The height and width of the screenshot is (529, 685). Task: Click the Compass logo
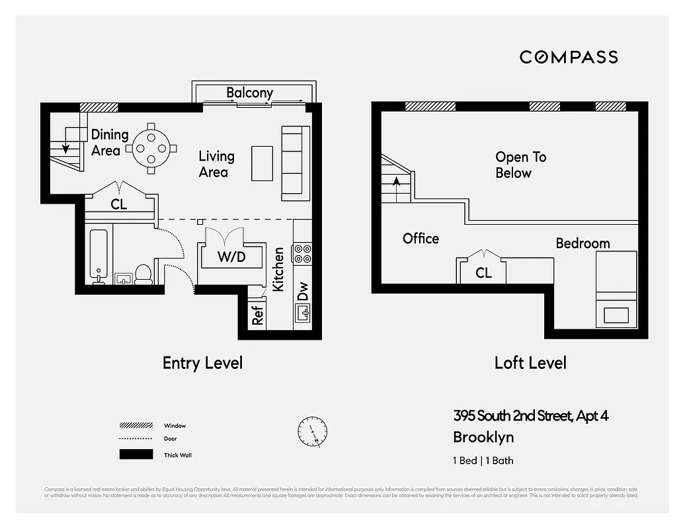[x=569, y=57]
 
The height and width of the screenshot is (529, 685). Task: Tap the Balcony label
[x=249, y=93]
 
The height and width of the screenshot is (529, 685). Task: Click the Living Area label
[x=216, y=164]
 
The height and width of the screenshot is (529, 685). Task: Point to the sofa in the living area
[x=296, y=163]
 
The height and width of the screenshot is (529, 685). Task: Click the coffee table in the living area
[x=262, y=163]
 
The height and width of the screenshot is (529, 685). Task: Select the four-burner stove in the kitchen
[x=302, y=254]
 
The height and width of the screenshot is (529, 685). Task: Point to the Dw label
[x=303, y=292]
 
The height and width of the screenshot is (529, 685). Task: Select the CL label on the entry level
[x=119, y=205]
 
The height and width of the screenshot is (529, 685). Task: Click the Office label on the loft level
[x=421, y=239]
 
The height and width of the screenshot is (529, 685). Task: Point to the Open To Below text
[x=520, y=165]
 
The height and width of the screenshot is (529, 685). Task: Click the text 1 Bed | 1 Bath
[x=483, y=460]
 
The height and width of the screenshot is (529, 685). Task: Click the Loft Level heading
[x=530, y=362]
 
